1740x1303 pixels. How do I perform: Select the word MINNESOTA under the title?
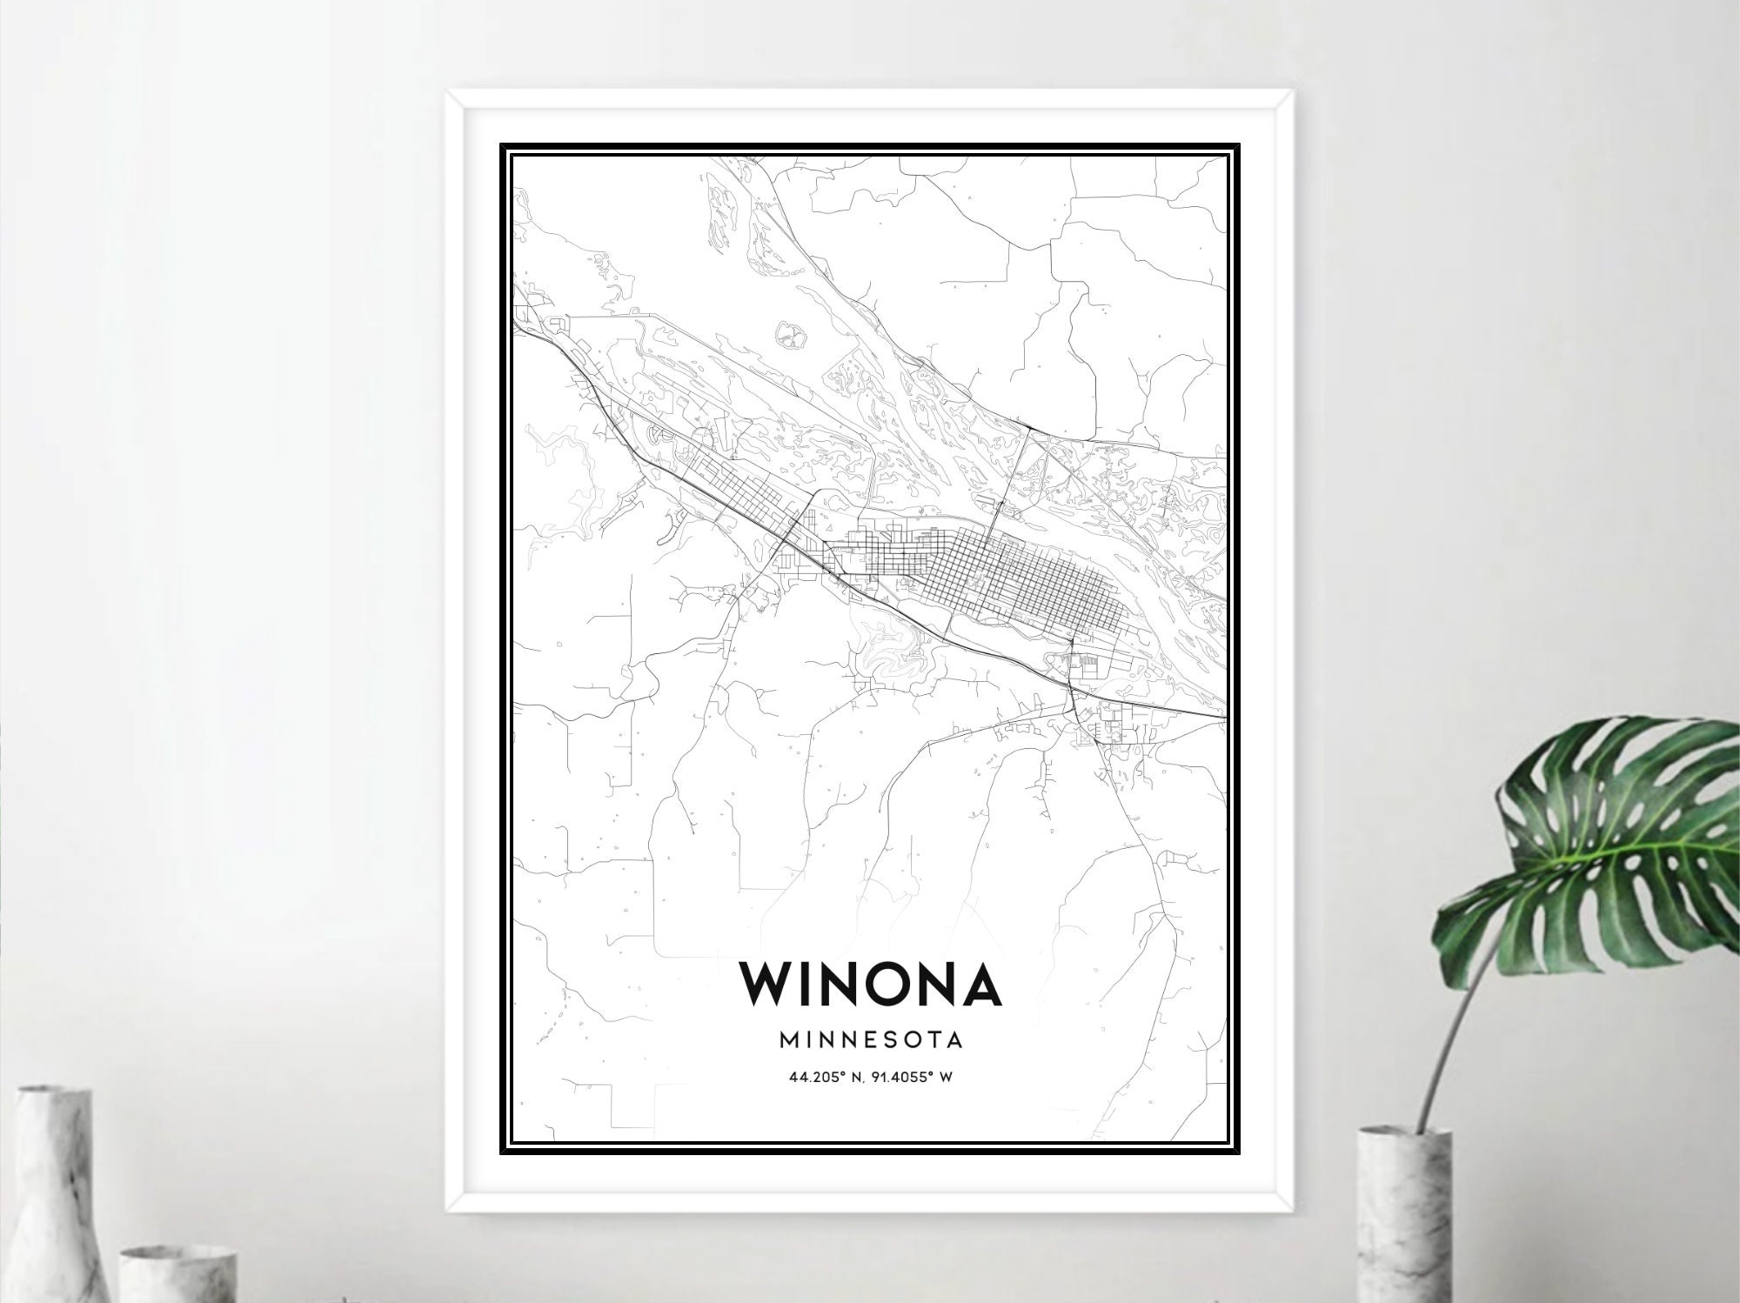click(870, 1039)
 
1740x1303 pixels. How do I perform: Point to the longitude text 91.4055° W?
click(910, 1078)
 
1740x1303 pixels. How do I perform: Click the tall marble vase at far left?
click(52, 1200)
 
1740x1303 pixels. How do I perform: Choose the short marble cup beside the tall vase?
click(174, 1270)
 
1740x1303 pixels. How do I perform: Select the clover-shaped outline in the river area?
click(790, 332)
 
